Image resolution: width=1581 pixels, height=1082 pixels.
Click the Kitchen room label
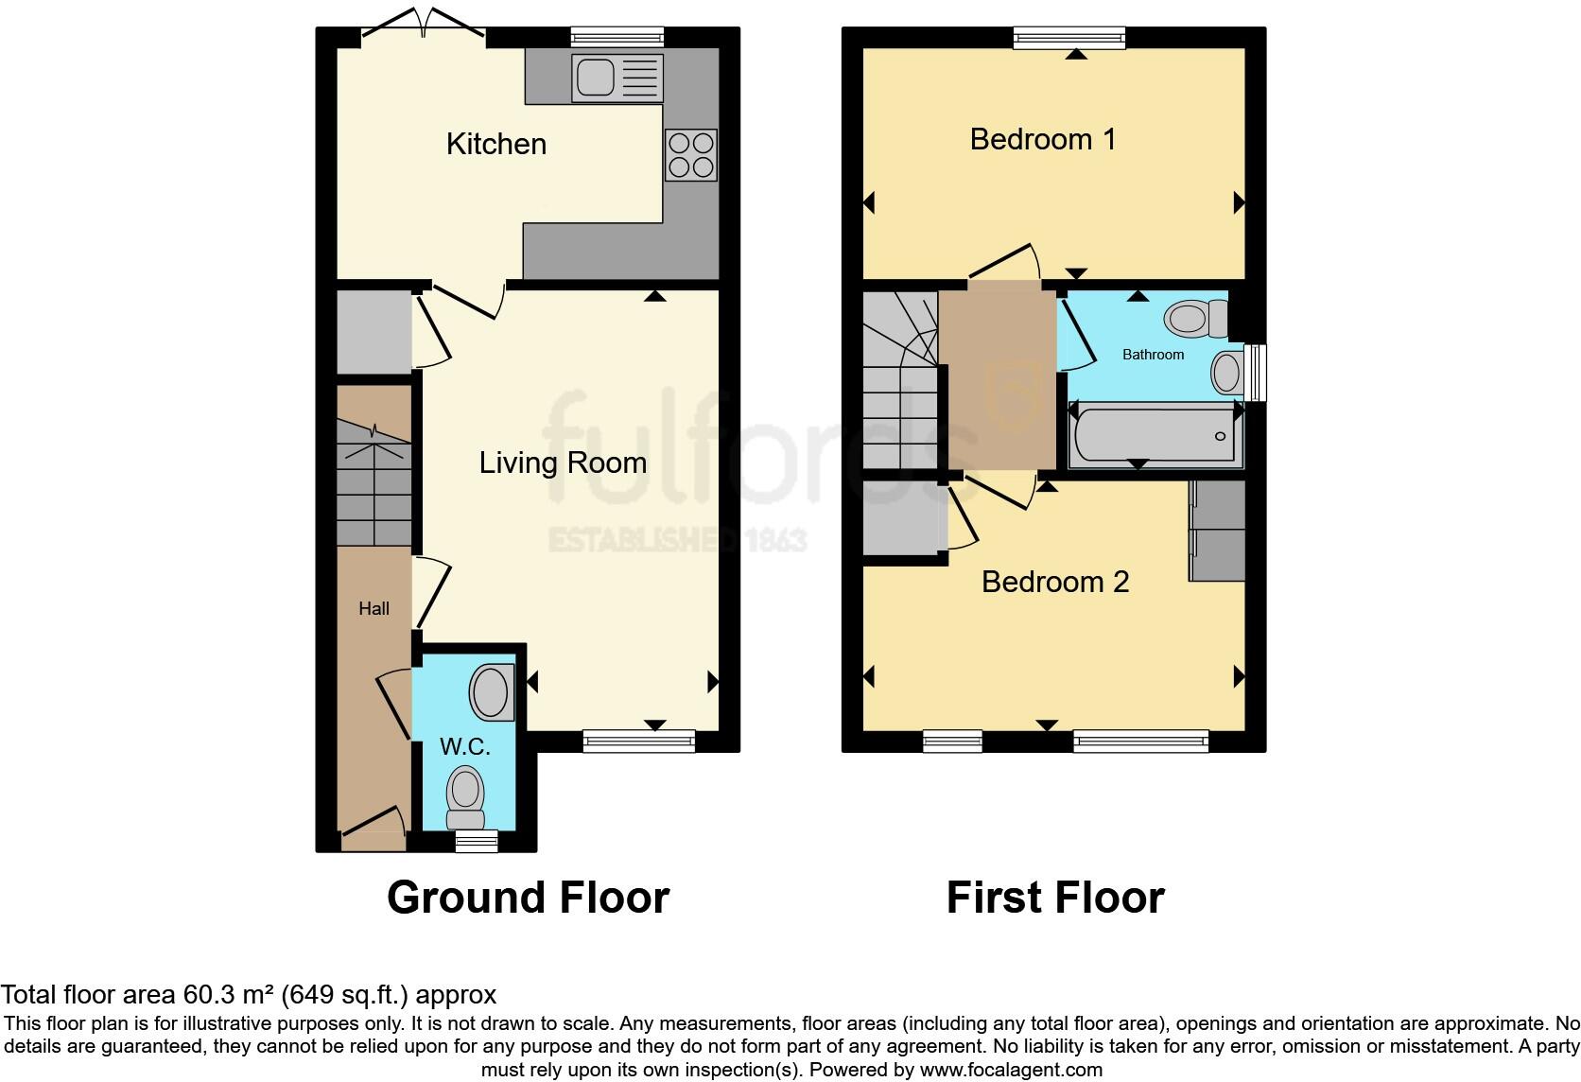click(496, 144)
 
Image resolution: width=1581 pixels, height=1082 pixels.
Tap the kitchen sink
click(617, 78)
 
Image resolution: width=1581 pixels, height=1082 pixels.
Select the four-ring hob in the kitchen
click(691, 154)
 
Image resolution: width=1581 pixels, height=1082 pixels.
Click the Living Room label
click(563, 463)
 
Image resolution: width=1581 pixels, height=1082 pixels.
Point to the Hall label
click(374, 608)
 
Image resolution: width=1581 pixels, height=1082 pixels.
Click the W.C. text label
click(464, 746)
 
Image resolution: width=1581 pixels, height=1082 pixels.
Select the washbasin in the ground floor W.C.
click(492, 691)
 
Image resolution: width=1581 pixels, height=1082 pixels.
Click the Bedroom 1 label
click(1042, 139)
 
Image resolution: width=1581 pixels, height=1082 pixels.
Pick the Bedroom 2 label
click(1055, 582)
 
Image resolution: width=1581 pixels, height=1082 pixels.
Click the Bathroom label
click(1154, 355)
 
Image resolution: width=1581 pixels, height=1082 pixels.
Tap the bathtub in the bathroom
click(1155, 435)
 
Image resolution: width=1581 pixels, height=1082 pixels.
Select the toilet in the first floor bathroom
click(1196, 319)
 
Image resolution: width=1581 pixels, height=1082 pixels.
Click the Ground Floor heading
click(528, 898)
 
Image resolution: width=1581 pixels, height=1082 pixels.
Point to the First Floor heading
click(1055, 898)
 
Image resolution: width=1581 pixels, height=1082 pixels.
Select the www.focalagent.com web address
click(1011, 1070)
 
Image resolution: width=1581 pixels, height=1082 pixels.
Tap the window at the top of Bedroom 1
click(1069, 38)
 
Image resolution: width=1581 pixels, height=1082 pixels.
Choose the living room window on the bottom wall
click(639, 741)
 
